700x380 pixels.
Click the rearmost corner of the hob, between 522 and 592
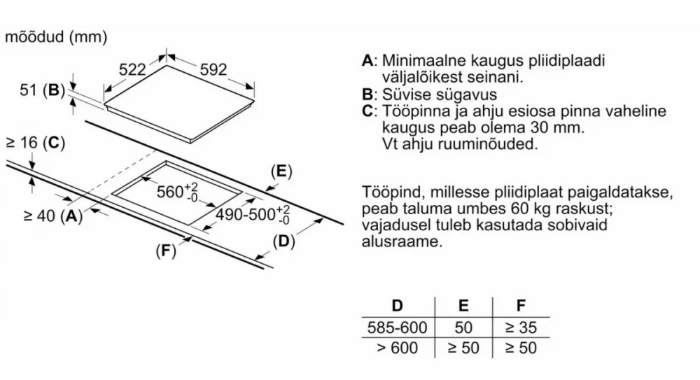tap(167, 66)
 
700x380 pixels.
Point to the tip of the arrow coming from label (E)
tap(266, 190)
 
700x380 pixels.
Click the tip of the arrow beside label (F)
tap(192, 238)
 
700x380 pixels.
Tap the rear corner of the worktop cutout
tap(166, 161)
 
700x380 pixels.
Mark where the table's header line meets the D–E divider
tap(435, 318)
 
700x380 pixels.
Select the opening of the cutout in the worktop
tap(177, 193)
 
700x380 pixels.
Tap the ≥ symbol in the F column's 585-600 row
tap(510, 328)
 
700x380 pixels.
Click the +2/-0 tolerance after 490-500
tap(283, 214)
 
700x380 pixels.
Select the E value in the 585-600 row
tap(463, 328)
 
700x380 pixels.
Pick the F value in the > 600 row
tap(521, 348)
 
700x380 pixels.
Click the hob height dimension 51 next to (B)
tap(28, 90)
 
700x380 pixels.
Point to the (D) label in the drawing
tap(284, 241)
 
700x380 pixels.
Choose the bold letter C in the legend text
tap(367, 111)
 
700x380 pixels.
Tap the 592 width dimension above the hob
tap(213, 70)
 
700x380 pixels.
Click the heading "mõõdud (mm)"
tap(56, 36)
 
